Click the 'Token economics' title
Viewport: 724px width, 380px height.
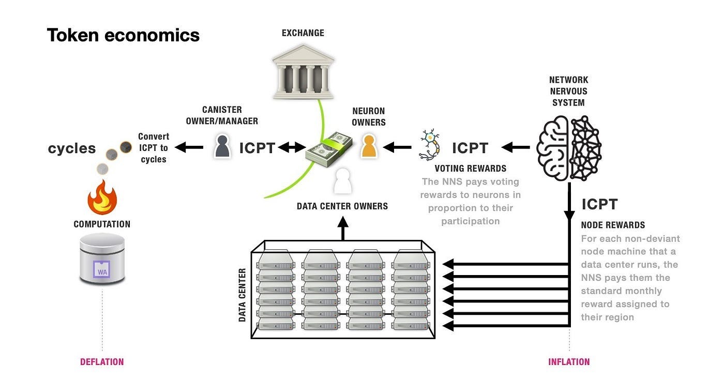[123, 35]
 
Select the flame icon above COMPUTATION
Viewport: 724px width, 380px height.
[102, 197]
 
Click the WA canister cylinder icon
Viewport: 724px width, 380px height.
[102, 259]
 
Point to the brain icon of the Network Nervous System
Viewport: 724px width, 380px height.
[569, 147]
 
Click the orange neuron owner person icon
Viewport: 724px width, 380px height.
[369, 146]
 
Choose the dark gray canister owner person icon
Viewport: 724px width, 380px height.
[222, 147]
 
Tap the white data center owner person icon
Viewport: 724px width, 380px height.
[342, 181]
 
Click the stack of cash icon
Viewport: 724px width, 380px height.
[329, 149]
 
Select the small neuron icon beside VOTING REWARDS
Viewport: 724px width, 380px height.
[430, 145]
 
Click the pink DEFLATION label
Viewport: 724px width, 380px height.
[102, 362]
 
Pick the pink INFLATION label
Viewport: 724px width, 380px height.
[569, 362]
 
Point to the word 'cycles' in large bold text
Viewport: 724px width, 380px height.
[72, 148]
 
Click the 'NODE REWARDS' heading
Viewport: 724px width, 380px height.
[613, 225]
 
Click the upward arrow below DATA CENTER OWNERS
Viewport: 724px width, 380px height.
[342, 228]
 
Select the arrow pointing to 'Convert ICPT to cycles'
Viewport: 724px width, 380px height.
[189, 148]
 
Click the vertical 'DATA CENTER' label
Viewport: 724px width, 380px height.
[242, 295]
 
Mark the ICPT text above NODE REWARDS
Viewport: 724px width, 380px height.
[599, 204]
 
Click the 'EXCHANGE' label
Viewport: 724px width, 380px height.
[303, 33]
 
